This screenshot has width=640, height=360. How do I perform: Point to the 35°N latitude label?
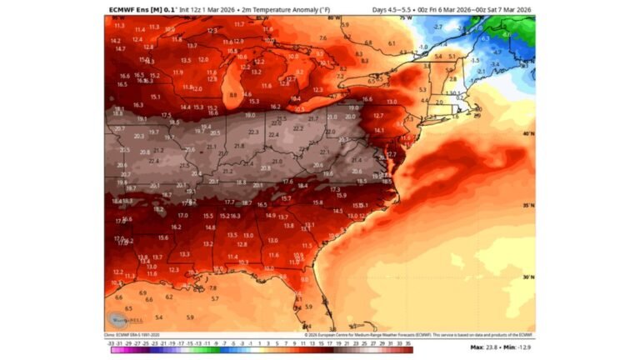(x=527, y=204)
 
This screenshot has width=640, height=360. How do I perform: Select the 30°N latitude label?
(x=527, y=277)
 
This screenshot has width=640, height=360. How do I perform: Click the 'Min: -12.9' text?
(x=519, y=347)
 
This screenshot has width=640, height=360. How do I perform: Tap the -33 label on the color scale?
(x=111, y=342)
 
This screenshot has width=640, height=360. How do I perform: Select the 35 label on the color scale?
(x=408, y=342)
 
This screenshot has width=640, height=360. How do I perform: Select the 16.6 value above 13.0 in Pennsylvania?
(x=367, y=99)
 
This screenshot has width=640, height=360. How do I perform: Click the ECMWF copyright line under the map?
(x=400, y=333)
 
